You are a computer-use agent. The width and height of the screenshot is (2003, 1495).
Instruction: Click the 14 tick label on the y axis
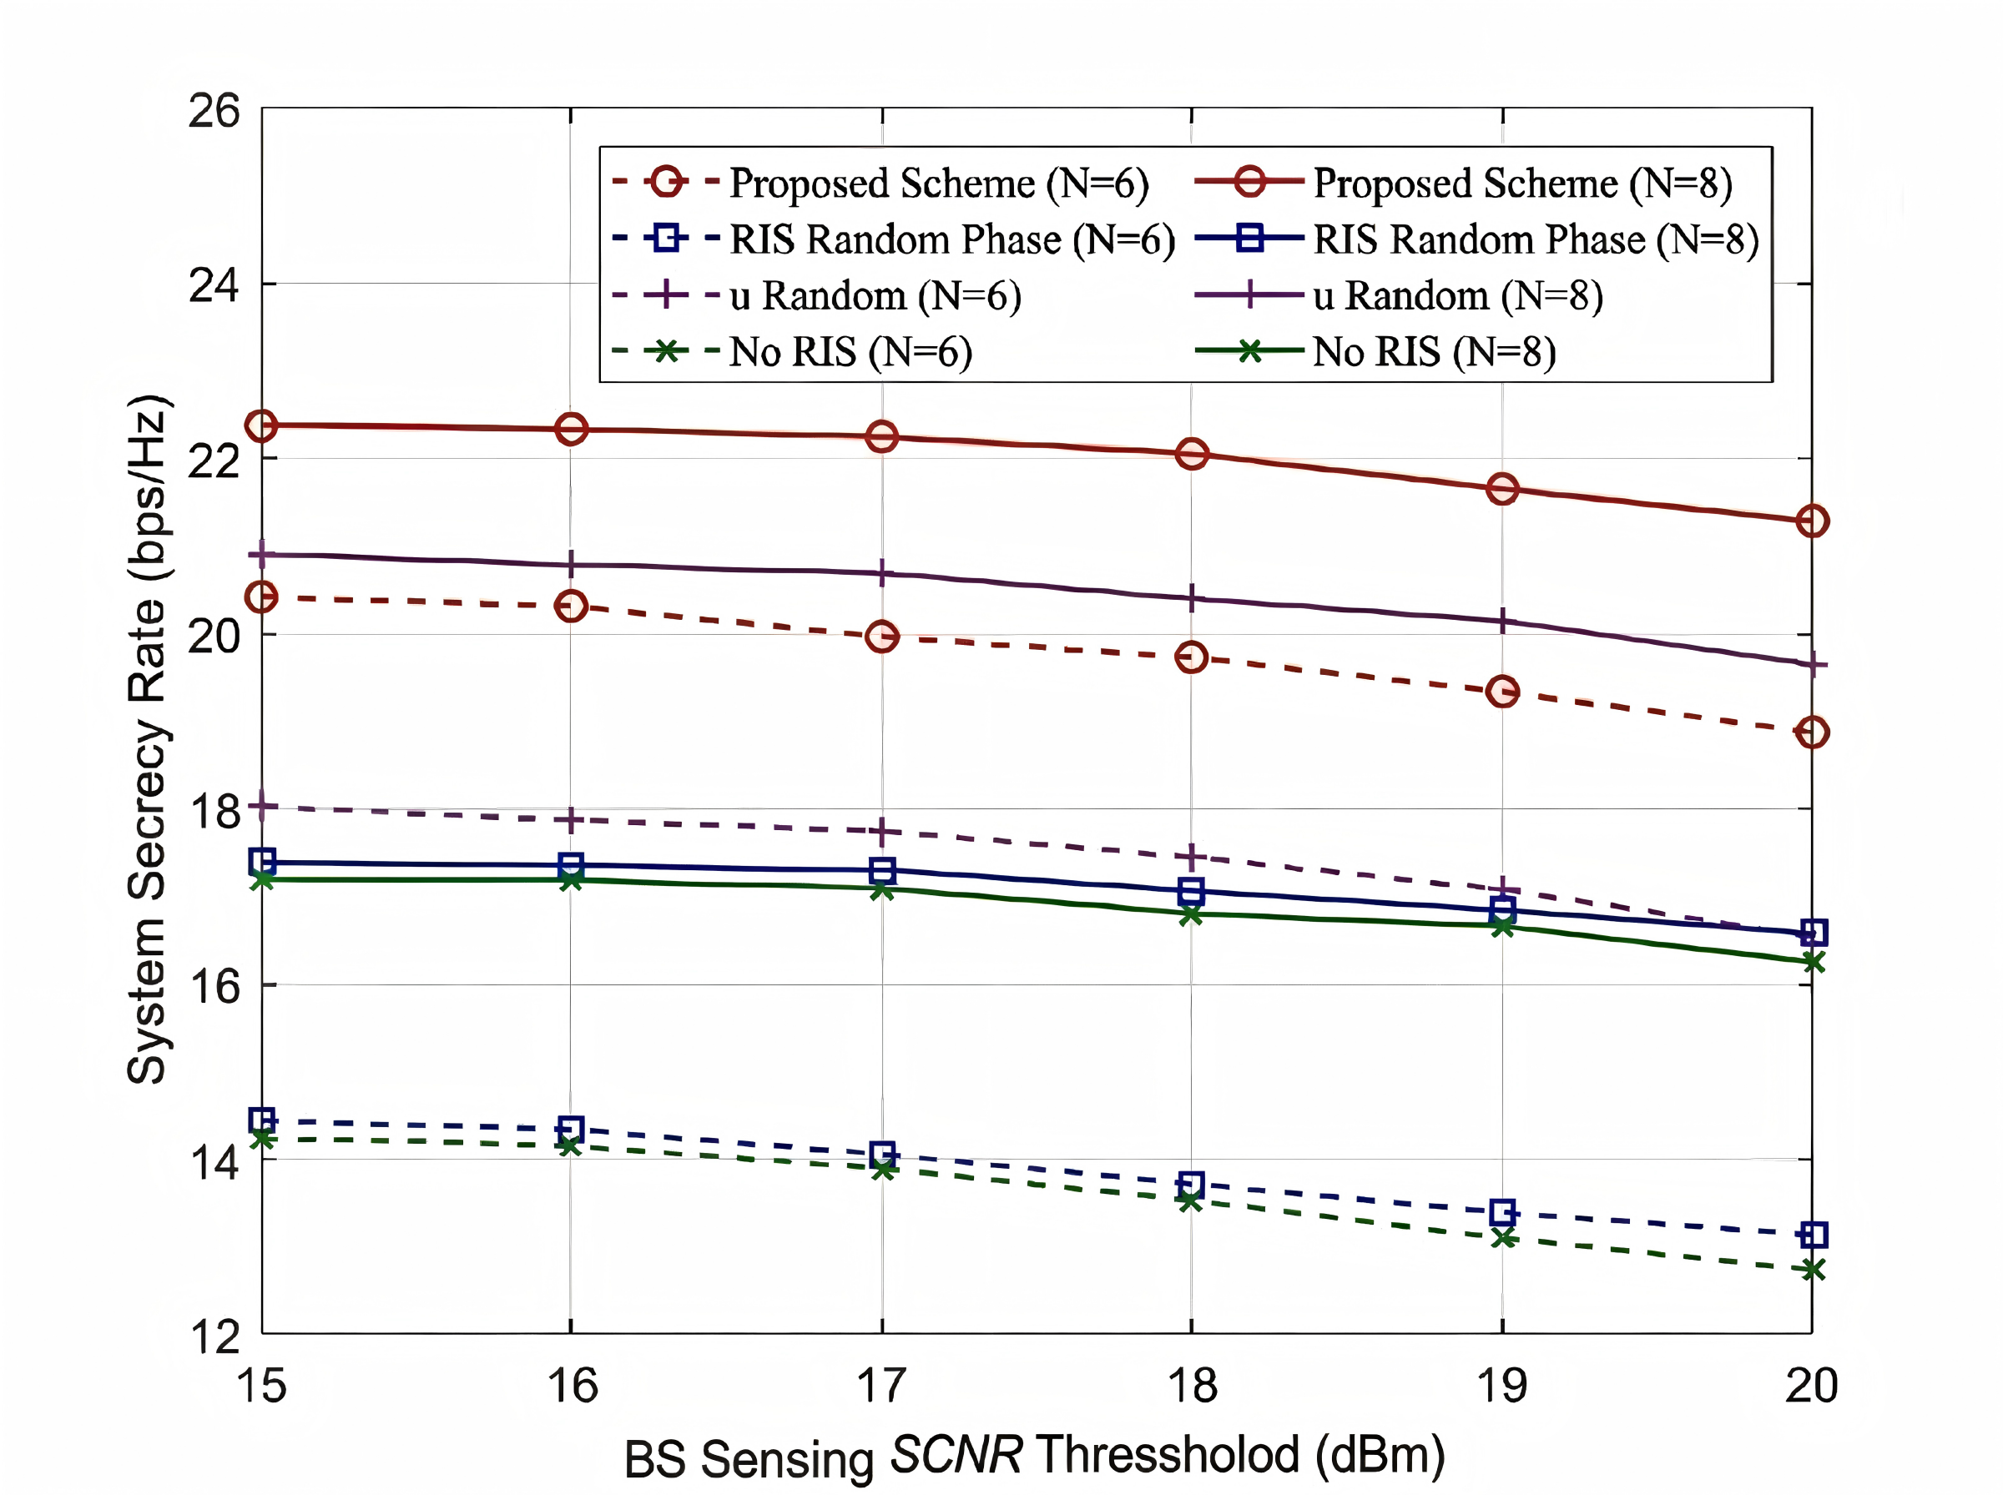pyautogui.click(x=214, y=1162)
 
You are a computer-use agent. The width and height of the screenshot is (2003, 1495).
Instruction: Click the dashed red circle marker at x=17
pyautogui.click(x=881, y=637)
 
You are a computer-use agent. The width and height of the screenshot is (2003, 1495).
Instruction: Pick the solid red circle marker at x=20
pyautogui.click(x=1812, y=521)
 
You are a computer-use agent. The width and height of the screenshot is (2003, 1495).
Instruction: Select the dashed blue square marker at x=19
pyautogui.click(x=1502, y=1213)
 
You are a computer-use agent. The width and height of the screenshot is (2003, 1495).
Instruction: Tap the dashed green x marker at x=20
pyautogui.click(x=1812, y=1271)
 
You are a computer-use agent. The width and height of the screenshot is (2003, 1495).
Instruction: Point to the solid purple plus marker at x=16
pyautogui.click(x=570, y=565)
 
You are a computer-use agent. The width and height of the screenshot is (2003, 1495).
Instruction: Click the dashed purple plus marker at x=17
pyautogui.click(x=881, y=831)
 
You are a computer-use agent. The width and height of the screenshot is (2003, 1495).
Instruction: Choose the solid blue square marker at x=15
pyautogui.click(x=261, y=862)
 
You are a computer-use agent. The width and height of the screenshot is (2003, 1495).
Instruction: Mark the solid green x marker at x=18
pyautogui.click(x=1191, y=915)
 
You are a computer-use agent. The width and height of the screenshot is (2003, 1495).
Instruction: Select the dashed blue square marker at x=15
pyautogui.click(x=261, y=1120)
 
